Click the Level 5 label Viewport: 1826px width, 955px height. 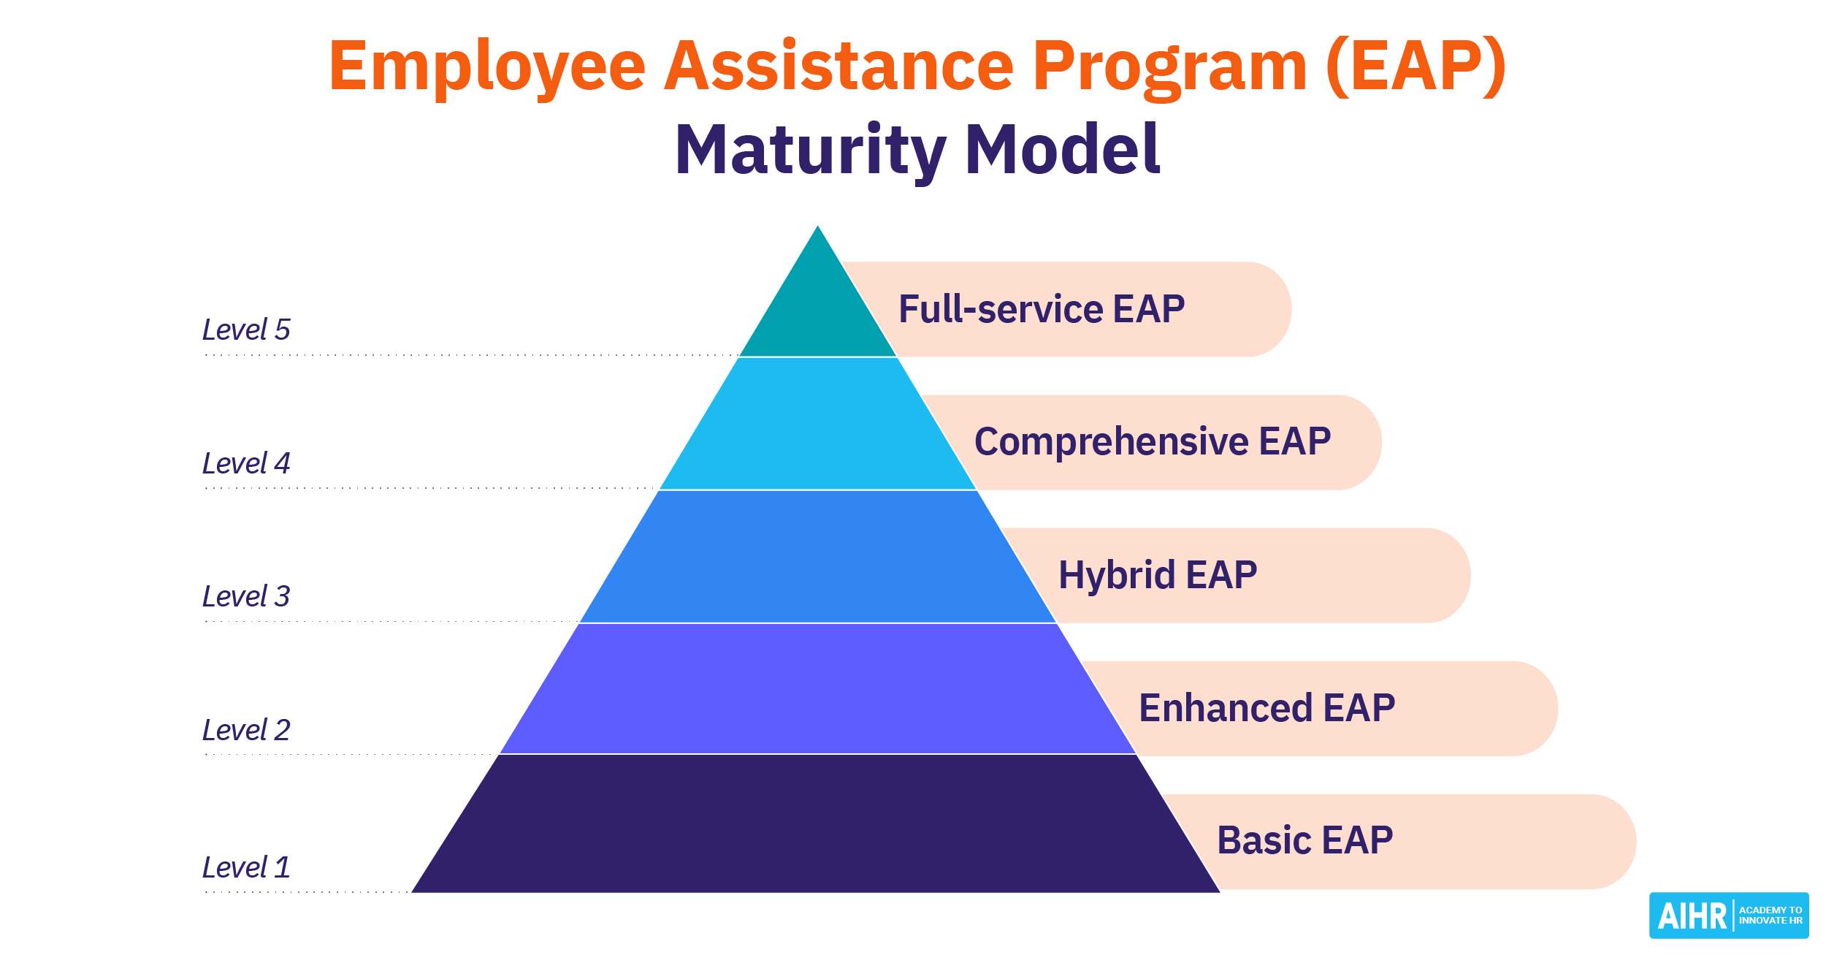pos(246,330)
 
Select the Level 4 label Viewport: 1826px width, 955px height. pos(246,464)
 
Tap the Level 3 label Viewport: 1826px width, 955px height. pos(246,597)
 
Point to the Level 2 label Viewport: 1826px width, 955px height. pos(246,731)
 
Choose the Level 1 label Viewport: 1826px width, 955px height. pos(246,868)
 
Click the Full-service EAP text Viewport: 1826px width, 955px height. pos(1042,309)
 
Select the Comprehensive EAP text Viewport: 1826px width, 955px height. pos(1153,442)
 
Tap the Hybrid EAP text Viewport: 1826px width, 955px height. pos(1158,575)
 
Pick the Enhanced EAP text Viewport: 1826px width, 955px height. pos(1267,708)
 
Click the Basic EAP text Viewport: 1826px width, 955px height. pos(1304,840)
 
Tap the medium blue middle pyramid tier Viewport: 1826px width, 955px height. pos(818,558)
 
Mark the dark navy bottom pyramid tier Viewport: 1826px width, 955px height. pos(818,824)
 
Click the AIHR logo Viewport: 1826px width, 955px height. pos(1728,916)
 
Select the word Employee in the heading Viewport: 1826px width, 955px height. pos(487,67)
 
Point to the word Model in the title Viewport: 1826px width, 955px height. pos(1063,151)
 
